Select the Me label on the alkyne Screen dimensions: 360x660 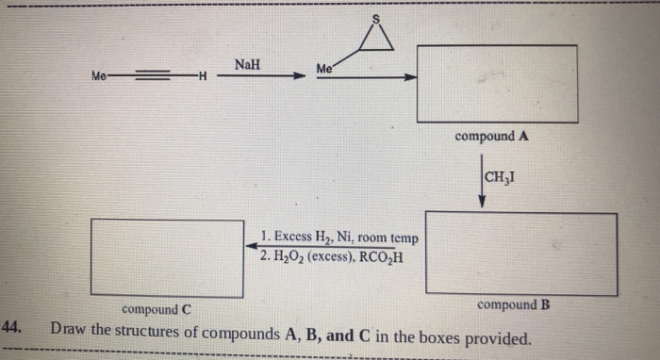99,75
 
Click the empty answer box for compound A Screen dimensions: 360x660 497,84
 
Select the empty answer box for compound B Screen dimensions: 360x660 520,253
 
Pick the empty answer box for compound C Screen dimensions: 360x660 167,257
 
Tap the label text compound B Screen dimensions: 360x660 514,304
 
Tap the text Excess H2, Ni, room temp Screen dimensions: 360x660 340,236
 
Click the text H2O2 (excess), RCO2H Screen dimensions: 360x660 330,254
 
